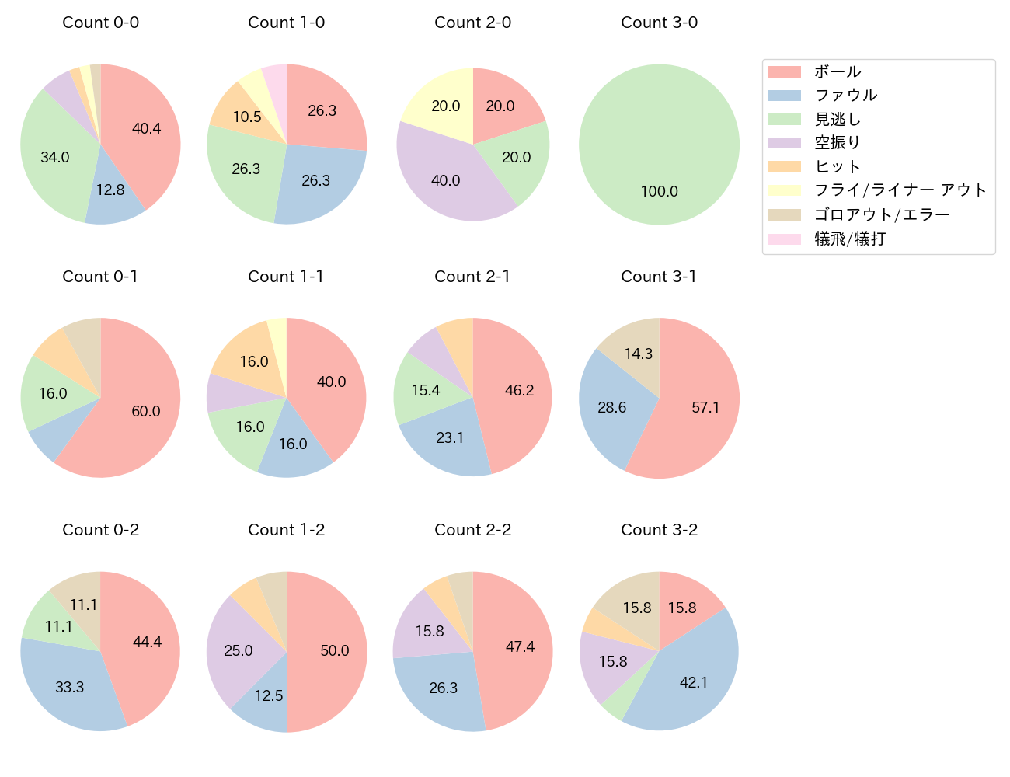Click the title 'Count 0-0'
point(100,23)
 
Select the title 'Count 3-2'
point(659,530)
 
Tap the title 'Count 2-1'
point(472,277)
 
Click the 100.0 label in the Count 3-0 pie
point(659,191)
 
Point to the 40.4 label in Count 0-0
point(146,128)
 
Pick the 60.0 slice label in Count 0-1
point(146,411)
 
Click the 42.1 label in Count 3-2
point(694,682)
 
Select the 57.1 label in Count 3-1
point(705,407)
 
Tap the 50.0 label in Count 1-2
point(335,650)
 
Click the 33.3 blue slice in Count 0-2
point(70,687)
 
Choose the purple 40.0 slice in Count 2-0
point(446,180)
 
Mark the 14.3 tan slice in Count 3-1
point(639,354)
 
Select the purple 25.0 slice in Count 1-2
point(239,650)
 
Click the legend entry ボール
point(838,71)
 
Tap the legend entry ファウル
point(845,96)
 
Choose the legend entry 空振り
point(838,143)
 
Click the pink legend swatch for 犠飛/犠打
point(784,239)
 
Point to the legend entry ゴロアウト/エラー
point(882,214)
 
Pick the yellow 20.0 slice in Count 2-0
point(446,106)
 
